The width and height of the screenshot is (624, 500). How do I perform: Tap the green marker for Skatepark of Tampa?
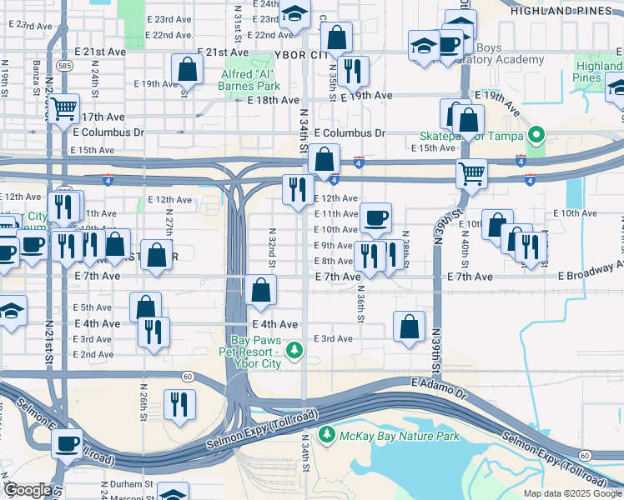536,134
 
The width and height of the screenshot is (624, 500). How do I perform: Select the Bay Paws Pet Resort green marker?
293,352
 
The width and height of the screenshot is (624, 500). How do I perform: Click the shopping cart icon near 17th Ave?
64,108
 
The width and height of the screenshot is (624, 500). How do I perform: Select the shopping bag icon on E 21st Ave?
187,69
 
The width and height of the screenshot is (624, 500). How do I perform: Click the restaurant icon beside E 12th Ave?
298,189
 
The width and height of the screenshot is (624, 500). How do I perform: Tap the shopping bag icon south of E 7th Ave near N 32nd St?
262,291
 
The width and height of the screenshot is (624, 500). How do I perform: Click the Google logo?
28,490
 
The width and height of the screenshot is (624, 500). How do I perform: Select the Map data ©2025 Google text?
572,493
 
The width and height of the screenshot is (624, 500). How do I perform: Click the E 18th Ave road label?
273,100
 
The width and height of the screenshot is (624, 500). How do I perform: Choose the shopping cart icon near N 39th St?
471,174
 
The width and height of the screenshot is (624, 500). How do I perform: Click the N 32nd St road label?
271,247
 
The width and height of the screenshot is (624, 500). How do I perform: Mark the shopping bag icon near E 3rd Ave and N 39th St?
409,327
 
